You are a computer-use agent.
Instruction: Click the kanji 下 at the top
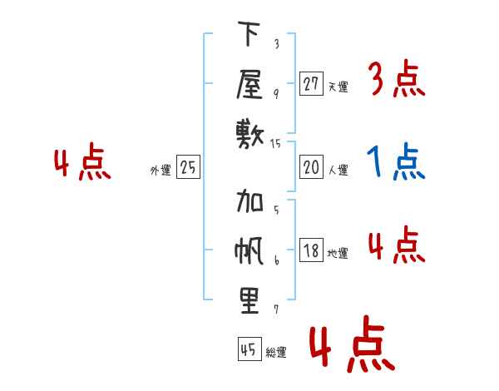click(x=249, y=33)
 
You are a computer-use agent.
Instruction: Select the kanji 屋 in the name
click(x=249, y=84)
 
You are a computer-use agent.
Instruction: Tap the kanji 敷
click(x=250, y=135)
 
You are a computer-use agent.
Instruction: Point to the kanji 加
click(x=249, y=200)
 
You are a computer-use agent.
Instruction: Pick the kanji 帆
click(x=249, y=250)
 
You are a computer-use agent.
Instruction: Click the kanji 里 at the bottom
click(x=249, y=301)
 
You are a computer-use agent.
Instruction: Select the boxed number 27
click(x=311, y=84)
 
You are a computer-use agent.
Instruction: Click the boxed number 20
click(x=311, y=167)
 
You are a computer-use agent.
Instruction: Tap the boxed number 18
click(x=311, y=250)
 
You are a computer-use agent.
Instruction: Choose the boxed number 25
click(x=188, y=167)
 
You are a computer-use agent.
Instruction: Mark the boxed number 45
click(x=249, y=349)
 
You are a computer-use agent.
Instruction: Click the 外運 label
click(x=161, y=171)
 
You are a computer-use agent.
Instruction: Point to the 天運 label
click(x=338, y=87)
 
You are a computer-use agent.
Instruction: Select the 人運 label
click(x=338, y=170)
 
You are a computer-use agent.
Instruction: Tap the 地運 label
click(x=338, y=254)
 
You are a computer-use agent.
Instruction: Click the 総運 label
click(x=276, y=353)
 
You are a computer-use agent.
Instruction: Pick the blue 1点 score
click(x=396, y=161)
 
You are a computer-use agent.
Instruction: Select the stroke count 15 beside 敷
click(x=275, y=144)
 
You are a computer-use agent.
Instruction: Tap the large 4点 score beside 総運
click(x=352, y=344)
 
